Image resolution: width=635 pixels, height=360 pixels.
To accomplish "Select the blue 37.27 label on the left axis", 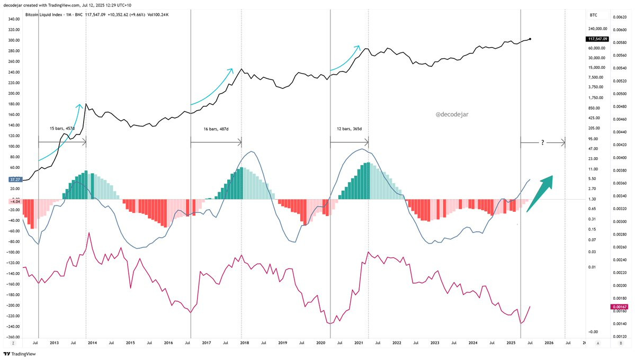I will pos(15,179).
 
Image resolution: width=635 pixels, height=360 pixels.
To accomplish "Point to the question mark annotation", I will pos(543,142).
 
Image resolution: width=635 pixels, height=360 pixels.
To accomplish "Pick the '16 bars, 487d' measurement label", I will pos(215,129).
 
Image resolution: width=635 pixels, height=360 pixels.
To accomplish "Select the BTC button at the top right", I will pos(593,15).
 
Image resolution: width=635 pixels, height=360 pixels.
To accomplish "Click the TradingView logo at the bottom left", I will pos(20,354).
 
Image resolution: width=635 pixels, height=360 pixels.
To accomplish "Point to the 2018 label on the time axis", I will pos(245,343).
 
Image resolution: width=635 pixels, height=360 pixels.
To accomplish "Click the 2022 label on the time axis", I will pos(397,343).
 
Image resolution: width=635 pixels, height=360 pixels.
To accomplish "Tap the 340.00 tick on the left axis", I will pos(14,19).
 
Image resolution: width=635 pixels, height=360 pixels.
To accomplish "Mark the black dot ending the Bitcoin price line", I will pos(530,39).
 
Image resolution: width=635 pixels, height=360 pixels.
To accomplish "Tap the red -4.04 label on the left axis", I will pos(14,201).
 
